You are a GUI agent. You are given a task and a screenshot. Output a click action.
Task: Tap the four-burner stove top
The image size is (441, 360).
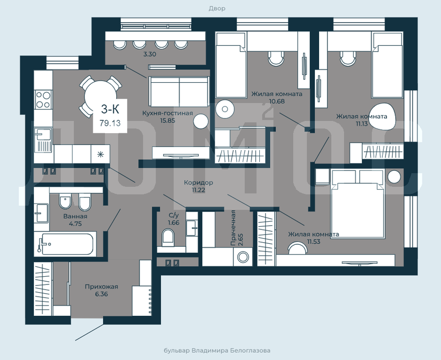coord(43,100)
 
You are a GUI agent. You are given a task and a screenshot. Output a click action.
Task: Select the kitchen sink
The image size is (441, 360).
coord(43,140)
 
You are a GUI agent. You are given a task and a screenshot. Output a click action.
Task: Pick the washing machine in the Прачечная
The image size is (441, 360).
coord(243,257)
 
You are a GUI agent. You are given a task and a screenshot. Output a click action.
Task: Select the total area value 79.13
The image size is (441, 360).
coord(110,123)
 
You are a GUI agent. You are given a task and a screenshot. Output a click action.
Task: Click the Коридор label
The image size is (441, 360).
coord(198,183)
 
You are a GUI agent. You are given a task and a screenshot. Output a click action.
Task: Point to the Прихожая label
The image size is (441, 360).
coord(101,287)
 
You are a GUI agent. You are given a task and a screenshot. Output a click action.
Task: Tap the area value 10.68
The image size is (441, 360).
coord(277,101)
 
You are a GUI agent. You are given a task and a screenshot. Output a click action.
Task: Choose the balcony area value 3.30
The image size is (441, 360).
coord(150,54)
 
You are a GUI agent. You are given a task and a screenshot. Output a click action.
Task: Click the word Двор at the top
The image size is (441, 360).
coord(217,8)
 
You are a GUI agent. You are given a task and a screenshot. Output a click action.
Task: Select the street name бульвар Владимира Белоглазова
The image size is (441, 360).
coord(217,350)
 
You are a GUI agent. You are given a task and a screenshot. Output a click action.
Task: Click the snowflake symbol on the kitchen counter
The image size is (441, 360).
coord(100,154)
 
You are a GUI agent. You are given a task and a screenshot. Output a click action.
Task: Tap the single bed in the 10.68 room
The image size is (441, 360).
coord(231,65)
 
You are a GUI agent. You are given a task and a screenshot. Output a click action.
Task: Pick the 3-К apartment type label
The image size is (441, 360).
coord(110,109)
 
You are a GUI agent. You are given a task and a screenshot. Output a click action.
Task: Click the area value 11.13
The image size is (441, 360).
coord(361,123)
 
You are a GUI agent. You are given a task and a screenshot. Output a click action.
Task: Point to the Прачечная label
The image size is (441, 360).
coord(233,228)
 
